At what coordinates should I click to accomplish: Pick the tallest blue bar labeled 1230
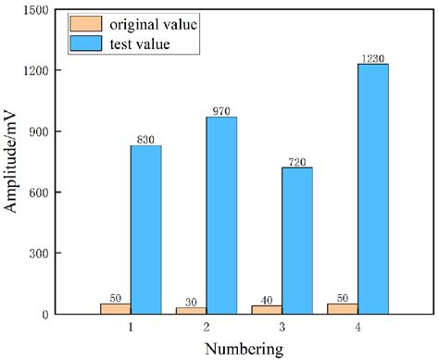[372, 189]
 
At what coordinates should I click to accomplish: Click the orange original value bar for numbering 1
[115, 308]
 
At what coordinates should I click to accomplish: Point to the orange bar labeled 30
[191, 310]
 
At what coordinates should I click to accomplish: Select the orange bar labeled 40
[267, 309]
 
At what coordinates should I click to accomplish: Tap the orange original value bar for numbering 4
[343, 308]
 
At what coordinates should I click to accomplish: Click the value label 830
[146, 139]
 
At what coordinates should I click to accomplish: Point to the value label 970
[222, 110]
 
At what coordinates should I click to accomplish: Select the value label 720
[297, 161]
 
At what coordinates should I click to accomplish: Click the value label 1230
[372, 57]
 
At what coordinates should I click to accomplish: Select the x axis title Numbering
[245, 349]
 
